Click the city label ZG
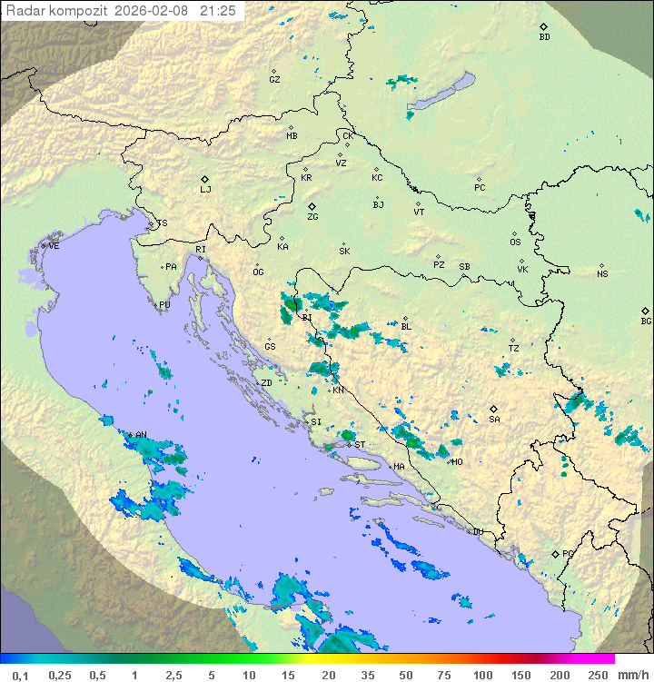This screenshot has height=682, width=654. (312, 217)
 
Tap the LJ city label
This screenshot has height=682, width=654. (205, 190)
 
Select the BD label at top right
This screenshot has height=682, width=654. (544, 37)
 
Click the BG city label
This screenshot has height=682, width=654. (646, 321)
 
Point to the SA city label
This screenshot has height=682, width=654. (494, 420)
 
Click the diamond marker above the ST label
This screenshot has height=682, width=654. (349, 437)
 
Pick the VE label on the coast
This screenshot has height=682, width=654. (54, 246)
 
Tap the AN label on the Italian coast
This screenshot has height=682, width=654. (141, 436)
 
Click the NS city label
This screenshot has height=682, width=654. (602, 274)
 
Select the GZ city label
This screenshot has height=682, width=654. (274, 80)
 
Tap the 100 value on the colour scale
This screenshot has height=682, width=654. (483, 675)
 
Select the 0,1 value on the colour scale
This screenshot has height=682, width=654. (21, 675)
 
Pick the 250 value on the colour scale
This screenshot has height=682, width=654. (597, 675)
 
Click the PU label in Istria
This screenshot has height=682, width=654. (164, 305)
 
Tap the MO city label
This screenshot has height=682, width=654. (457, 461)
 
